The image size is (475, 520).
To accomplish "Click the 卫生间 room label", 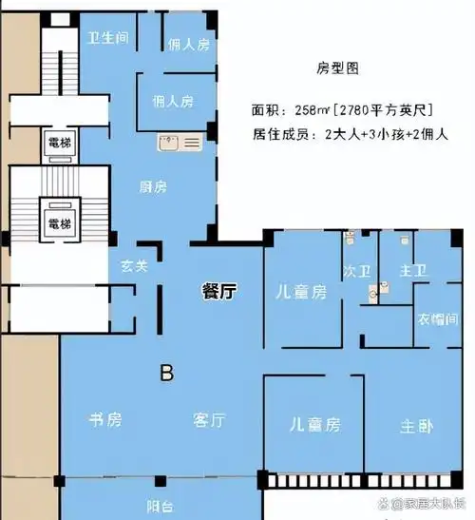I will [x=107, y=38].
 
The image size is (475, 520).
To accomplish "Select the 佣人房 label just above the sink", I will [x=173, y=101].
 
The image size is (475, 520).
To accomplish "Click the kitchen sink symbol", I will [x=180, y=144].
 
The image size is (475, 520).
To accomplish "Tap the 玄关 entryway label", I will [x=133, y=266].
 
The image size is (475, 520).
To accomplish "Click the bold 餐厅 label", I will [x=218, y=292].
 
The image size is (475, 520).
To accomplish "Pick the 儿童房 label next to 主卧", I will [x=313, y=425].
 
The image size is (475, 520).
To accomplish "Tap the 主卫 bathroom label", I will [x=412, y=272].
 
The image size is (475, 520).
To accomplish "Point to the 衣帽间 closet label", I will [x=437, y=319].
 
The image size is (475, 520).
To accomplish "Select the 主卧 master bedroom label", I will [x=417, y=426].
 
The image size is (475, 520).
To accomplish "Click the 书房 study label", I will [x=104, y=419].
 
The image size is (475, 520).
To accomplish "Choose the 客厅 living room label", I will [x=208, y=419].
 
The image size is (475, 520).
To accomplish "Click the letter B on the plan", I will [x=167, y=375].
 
